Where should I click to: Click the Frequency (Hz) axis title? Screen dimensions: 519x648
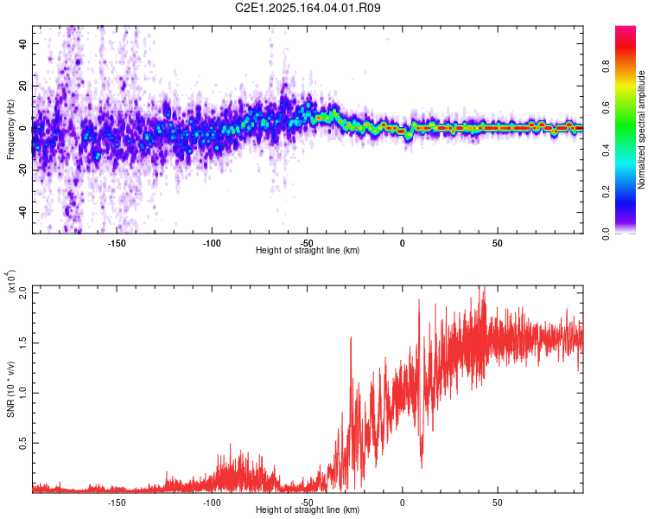pos(10,130)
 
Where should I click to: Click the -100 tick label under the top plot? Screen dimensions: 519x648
pos(212,242)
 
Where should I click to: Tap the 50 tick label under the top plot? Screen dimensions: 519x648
pos(497,242)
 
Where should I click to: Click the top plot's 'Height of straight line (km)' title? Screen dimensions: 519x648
pos(308,250)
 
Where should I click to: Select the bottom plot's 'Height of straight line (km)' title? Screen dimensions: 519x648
pos(308,509)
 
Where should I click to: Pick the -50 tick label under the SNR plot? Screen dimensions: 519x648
pos(307,501)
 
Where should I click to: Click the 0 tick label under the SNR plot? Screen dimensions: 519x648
pos(402,501)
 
